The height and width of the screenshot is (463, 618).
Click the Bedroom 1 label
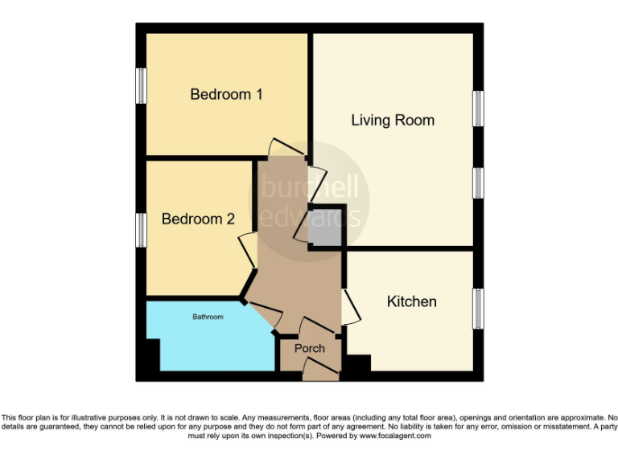tap(226, 94)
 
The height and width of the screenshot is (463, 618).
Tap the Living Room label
tap(393, 121)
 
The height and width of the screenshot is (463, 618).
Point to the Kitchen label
tap(412, 301)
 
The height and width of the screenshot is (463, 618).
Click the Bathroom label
tap(208, 318)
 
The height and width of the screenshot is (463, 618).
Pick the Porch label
tap(310, 348)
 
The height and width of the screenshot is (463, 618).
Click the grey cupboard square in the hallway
tap(327, 230)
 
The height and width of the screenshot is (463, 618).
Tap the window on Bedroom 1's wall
tap(142, 85)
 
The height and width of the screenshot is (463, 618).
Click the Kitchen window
tap(478, 308)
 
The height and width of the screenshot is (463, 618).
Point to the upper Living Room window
tap(478, 108)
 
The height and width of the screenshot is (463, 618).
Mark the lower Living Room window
tap(478, 183)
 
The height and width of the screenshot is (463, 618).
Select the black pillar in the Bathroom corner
tap(152, 354)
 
